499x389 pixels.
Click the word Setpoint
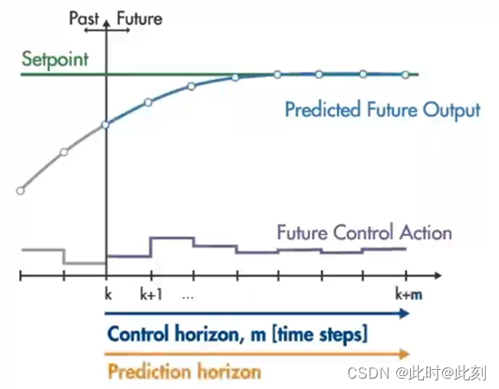55,60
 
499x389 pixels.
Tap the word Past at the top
84,18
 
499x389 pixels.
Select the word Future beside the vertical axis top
140,18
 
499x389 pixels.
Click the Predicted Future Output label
382,110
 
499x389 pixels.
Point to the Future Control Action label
364,232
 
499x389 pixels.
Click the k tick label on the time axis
108,294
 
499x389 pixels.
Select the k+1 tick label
151,294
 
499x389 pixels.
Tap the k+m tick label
408,294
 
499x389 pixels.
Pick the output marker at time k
105,125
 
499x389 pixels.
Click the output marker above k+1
148,103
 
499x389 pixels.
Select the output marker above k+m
406,75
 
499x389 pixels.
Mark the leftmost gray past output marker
21,191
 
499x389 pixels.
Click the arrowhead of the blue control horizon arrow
405,314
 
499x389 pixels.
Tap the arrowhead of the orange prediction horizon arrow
405,354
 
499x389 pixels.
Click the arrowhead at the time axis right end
439,275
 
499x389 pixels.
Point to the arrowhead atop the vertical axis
107,23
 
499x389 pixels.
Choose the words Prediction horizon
184,371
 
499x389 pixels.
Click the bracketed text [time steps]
319,334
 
